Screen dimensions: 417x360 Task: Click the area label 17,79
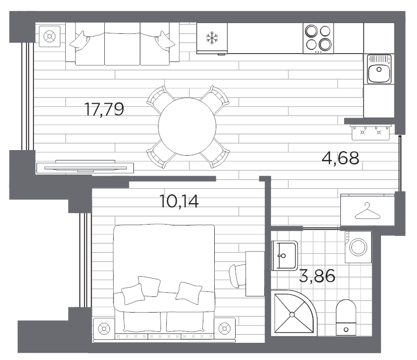[x=104, y=109]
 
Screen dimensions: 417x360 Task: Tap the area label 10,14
[x=179, y=201]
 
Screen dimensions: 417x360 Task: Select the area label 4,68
[x=340, y=158]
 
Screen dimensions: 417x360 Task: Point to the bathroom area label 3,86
[x=317, y=276]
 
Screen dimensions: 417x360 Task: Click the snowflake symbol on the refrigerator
[x=212, y=38]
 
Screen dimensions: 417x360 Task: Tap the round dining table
[x=187, y=127]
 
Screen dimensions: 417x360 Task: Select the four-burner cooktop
[x=318, y=38]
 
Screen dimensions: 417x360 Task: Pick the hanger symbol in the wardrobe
[x=367, y=211]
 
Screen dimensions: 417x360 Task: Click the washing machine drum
[x=358, y=247]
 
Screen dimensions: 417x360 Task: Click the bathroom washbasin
[x=284, y=255]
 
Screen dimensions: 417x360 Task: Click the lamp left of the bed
[x=104, y=329]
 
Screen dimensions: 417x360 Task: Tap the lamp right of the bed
[x=225, y=329]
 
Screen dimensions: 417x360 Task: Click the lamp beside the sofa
[x=50, y=36]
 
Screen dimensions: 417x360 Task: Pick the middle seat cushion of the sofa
[x=122, y=44]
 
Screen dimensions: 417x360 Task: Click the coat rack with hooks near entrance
[x=371, y=132]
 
